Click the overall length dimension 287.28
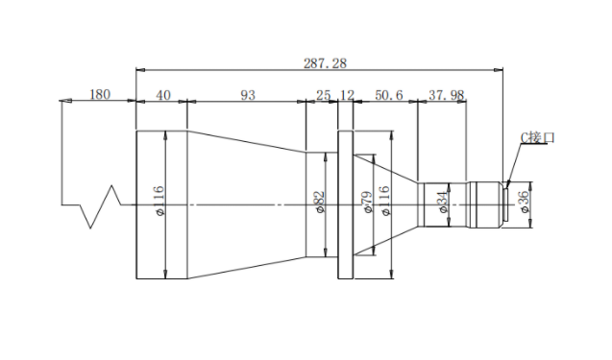(325, 63)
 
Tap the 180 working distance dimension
(100, 94)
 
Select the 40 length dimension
(163, 95)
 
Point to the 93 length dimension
(248, 95)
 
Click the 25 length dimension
(323, 95)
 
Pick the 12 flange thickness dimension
(347, 95)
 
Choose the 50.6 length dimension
(389, 95)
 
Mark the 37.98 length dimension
(446, 95)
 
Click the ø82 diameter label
(320, 202)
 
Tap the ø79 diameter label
(368, 202)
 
